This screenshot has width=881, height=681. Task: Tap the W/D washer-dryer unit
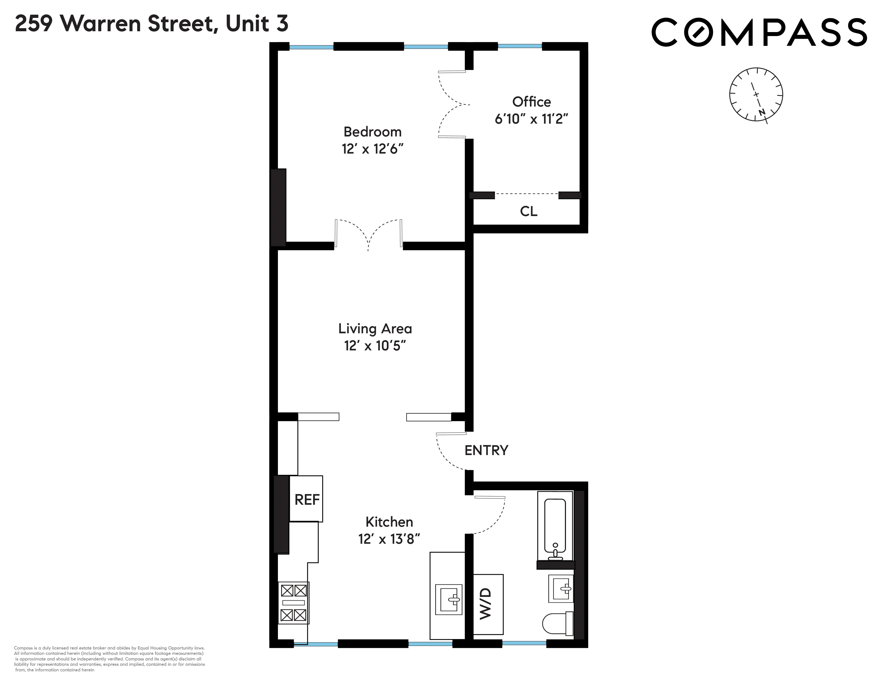pyautogui.click(x=488, y=604)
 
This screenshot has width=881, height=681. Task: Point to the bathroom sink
pyautogui.click(x=561, y=588)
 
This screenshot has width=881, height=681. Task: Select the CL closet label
pyautogui.click(x=528, y=211)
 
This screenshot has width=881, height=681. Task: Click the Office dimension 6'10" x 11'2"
pyautogui.click(x=531, y=119)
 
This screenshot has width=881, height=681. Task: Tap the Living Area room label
pyautogui.click(x=375, y=328)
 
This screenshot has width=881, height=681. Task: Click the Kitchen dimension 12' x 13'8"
pyautogui.click(x=389, y=539)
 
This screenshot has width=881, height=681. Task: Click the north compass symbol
pyautogui.click(x=756, y=94)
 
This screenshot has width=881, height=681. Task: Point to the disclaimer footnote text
pyautogui.click(x=109, y=659)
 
